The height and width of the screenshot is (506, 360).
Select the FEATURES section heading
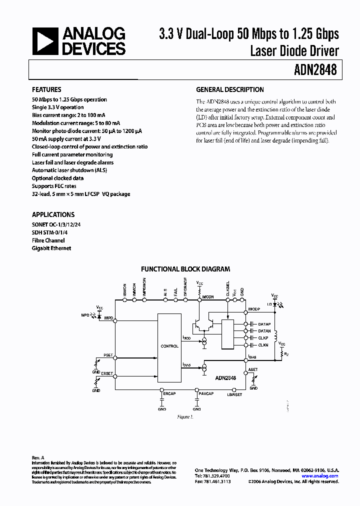pyautogui.click(x=46, y=90)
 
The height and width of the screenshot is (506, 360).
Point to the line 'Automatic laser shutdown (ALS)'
pyautogui.click(x=69, y=170)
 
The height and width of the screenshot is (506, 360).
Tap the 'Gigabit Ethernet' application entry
pyautogui.click(x=51, y=248)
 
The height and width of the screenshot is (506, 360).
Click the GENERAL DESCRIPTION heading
pyautogui.click(x=229, y=90)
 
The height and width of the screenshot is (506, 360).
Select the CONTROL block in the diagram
pyautogui.click(x=169, y=346)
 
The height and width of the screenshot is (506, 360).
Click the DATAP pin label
pyautogui.click(x=264, y=324)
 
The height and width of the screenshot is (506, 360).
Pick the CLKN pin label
pyautogui.click(x=263, y=345)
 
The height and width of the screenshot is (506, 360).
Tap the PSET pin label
pyautogui.click(x=108, y=355)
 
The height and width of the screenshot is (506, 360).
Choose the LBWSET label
pyautogui.click(x=234, y=394)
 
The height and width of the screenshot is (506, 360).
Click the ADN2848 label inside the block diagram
pyautogui.click(x=225, y=378)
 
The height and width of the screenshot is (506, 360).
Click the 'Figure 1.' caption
pyautogui.click(x=185, y=416)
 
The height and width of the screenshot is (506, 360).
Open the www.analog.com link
pyautogui.click(x=320, y=476)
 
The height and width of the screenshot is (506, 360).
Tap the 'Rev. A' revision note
pyautogui.click(x=38, y=457)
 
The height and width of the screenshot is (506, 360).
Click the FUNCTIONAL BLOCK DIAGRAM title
pyautogui.click(x=185, y=268)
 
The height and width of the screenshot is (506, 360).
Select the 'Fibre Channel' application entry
pyautogui.click(x=48, y=240)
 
